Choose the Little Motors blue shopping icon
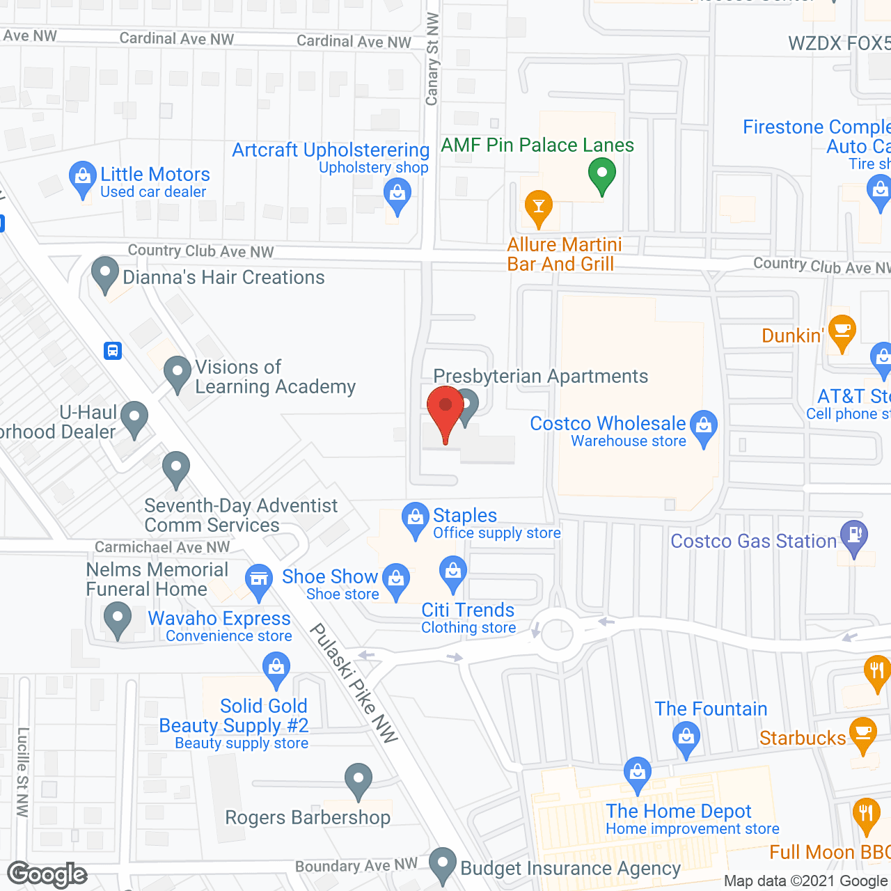coord(83,178)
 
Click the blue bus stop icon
coord(113,351)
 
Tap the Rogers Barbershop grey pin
coord(358,780)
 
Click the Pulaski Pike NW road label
coord(354,683)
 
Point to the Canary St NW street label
coord(432,59)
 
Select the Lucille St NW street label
coord(23,772)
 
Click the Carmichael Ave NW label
coord(162,548)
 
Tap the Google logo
coord(47,874)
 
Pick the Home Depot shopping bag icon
coord(637,773)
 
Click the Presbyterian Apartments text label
coord(540,376)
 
